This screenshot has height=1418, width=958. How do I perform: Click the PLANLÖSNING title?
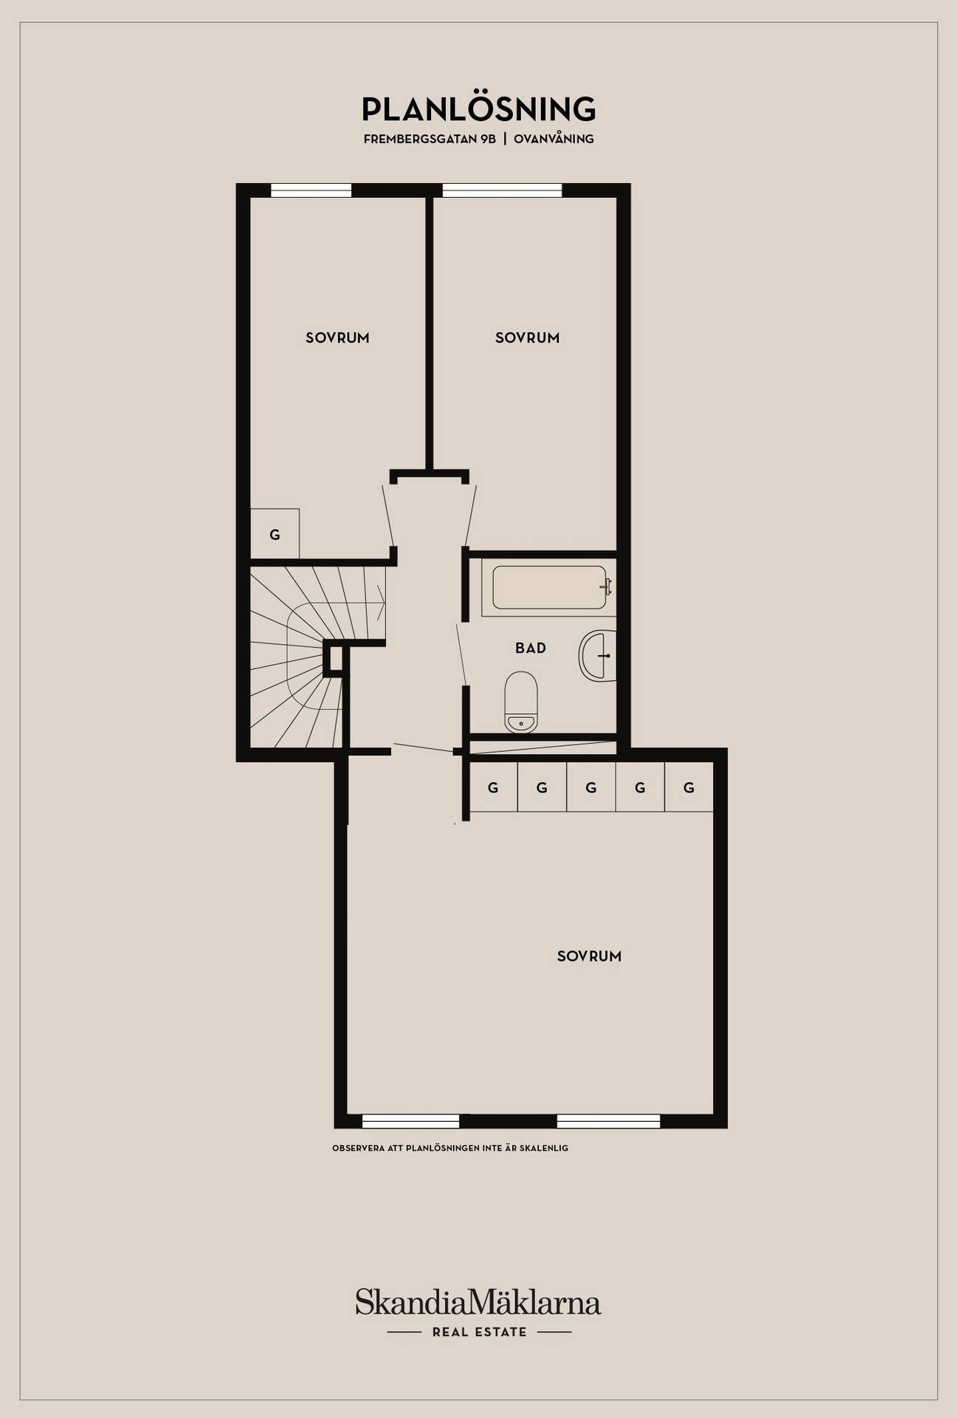click(478, 109)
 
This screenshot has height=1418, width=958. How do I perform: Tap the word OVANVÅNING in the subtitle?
click(554, 139)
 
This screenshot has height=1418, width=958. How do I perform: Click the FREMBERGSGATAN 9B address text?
click(430, 139)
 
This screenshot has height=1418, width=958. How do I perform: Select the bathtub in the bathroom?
click(549, 588)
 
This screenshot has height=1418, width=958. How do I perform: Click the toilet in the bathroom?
click(521, 702)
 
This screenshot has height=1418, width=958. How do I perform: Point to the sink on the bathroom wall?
click(598, 656)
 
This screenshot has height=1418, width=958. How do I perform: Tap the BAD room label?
click(531, 648)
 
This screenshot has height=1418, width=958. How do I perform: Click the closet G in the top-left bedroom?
click(275, 534)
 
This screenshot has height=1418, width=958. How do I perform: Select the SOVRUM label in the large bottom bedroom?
click(589, 956)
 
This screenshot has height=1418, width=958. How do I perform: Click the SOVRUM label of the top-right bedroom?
click(527, 338)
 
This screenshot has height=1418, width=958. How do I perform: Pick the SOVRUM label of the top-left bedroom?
click(337, 338)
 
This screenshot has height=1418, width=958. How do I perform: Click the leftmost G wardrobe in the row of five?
click(493, 787)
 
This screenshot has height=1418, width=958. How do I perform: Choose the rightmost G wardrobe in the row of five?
click(689, 787)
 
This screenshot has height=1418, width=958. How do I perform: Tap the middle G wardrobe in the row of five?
click(590, 787)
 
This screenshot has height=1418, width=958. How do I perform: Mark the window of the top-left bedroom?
click(311, 191)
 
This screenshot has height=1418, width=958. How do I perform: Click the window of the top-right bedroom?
click(502, 191)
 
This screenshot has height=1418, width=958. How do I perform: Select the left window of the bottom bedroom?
click(410, 1122)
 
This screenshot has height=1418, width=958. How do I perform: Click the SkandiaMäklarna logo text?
click(478, 1302)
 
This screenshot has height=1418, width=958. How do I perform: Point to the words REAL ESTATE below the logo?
click(480, 1332)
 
